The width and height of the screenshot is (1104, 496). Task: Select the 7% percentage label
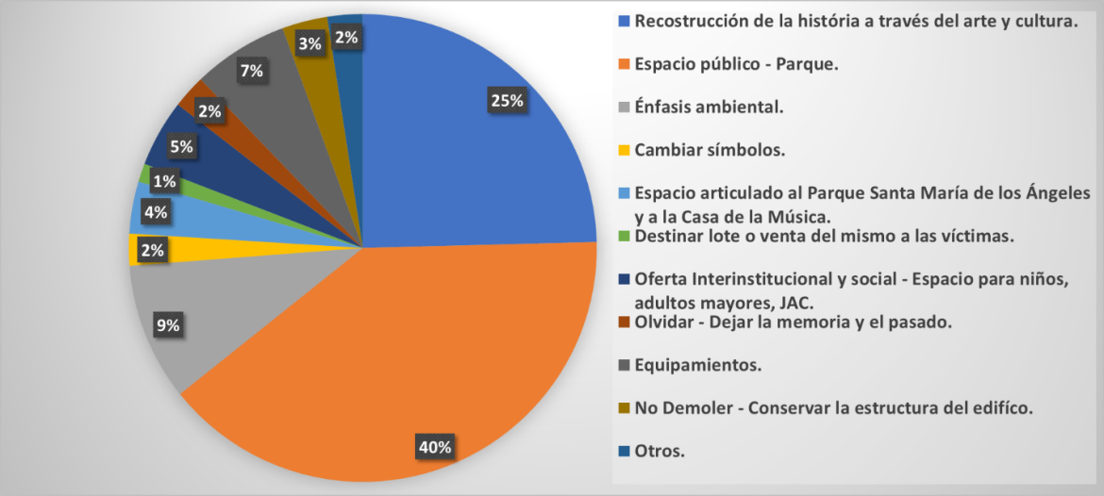[251, 70]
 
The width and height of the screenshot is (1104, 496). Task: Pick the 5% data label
[181, 146]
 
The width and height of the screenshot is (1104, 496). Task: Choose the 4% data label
[156, 213]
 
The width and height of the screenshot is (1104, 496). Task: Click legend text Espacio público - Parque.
[737, 64]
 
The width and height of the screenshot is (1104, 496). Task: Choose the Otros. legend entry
[661, 450]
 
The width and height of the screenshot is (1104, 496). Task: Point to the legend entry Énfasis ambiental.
[710, 107]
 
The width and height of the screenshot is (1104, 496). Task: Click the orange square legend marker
[624, 65]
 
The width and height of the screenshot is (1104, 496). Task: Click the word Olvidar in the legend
[663, 322]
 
